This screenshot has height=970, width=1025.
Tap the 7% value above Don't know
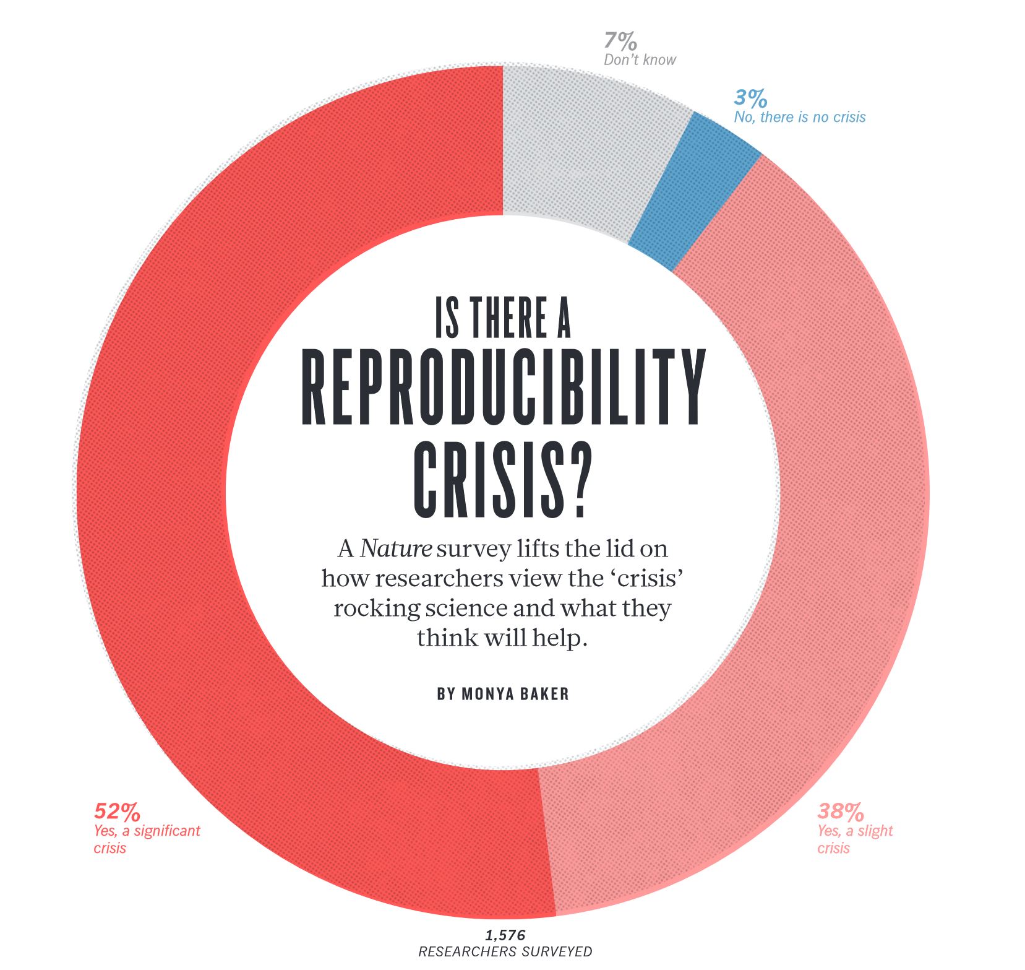(x=620, y=42)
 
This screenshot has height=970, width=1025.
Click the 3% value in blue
(x=750, y=98)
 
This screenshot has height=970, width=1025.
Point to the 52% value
(x=117, y=811)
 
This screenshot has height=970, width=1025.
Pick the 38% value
(x=840, y=811)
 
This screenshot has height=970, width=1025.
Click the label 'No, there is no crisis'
(x=799, y=117)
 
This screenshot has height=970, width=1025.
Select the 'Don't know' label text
(x=640, y=60)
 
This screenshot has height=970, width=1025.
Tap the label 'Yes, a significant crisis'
(x=147, y=839)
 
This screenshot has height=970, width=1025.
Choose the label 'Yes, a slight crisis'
(x=855, y=839)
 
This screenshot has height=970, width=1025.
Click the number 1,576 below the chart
(x=505, y=935)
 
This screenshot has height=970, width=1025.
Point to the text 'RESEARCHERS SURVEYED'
(x=505, y=951)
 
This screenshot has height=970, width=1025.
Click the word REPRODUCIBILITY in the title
(x=504, y=388)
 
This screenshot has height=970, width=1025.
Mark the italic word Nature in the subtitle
(x=395, y=549)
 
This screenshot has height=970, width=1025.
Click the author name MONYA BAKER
(x=515, y=694)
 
